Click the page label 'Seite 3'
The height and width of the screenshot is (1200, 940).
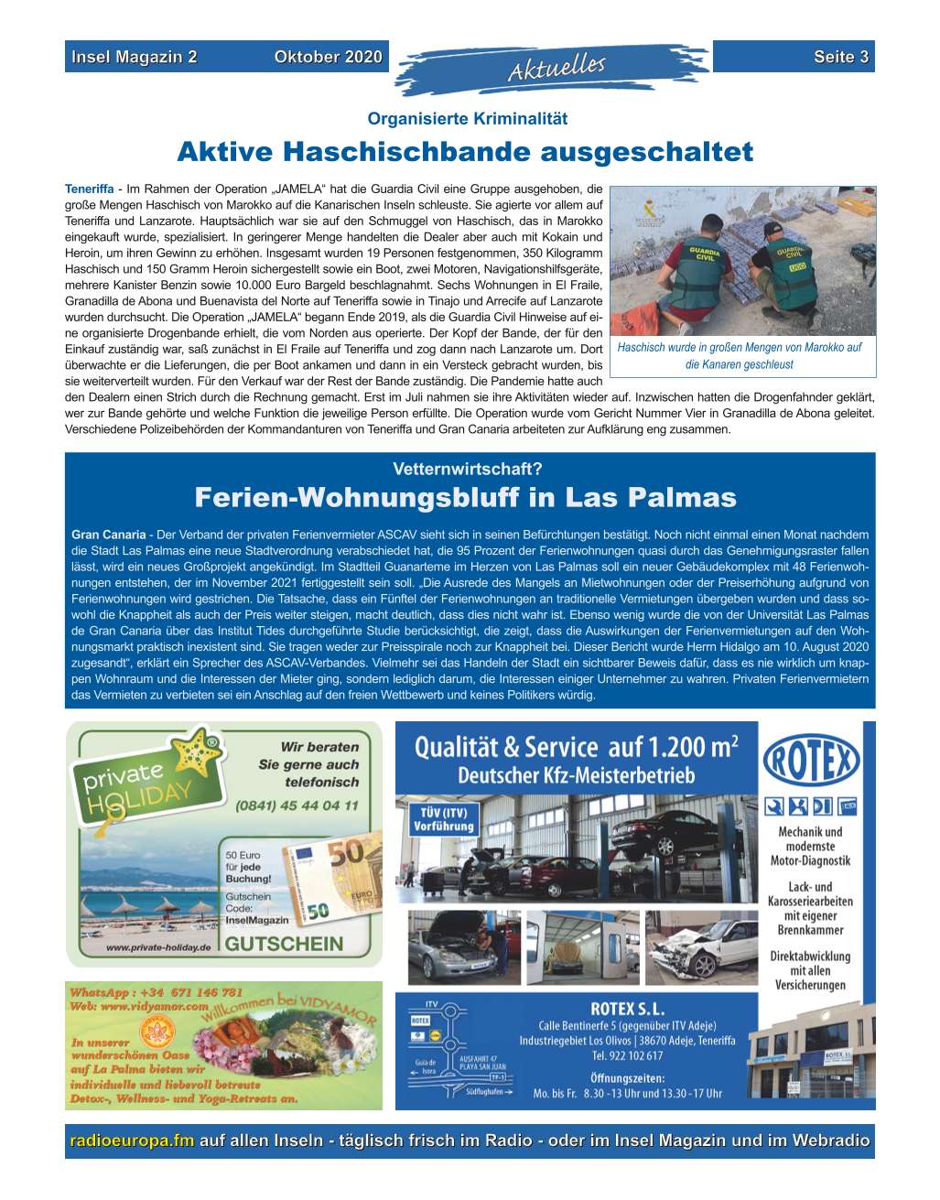[840, 57]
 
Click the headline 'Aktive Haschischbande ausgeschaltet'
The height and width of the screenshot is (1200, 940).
[465, 151]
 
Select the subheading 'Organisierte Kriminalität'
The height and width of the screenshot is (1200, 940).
[467, 119]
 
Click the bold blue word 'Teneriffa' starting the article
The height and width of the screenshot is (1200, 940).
[89, 189]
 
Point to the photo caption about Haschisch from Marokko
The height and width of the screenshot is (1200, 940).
[740, 356]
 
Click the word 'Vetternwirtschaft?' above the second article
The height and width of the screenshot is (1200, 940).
[468, 470]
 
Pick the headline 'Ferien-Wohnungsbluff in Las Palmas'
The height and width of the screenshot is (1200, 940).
[466, 498]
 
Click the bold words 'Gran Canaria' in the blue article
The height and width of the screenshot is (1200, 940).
[108, 535]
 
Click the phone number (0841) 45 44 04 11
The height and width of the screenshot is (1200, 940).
[297, 806]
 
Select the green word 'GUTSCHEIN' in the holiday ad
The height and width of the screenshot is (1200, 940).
[285, 944]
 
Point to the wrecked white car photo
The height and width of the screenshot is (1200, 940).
[702, 948]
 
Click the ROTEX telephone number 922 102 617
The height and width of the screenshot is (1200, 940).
[628, 1055]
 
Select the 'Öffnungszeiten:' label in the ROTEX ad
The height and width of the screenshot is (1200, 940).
[628, 1077]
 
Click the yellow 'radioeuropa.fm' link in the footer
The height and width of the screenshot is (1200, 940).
[133, 1141]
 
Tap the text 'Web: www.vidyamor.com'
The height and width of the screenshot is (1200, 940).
[139, 1006]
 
